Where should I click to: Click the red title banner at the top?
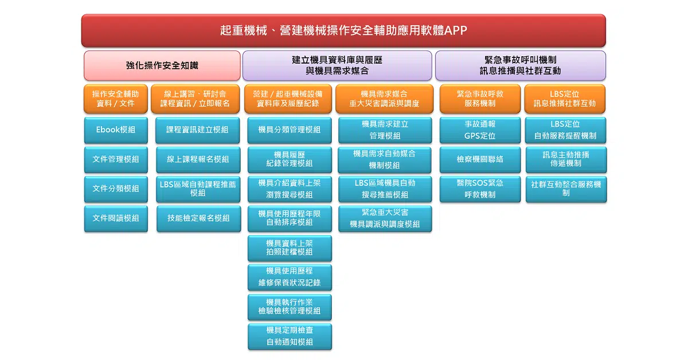343,30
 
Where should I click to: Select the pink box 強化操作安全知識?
162,65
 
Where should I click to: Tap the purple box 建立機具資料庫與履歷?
337,65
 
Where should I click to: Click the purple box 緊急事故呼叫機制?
521,65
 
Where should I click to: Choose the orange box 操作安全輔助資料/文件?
115,99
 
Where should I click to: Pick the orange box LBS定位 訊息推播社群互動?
565,99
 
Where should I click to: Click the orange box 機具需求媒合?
384,99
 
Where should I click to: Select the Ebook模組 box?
116,130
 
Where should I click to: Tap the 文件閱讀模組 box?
116,218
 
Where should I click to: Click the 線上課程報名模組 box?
198,159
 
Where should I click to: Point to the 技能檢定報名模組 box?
198,218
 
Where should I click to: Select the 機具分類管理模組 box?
290,130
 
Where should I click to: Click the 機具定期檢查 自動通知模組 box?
290,336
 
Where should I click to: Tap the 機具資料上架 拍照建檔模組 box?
290,248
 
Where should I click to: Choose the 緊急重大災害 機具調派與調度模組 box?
385,218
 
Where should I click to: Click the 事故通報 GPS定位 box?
480,130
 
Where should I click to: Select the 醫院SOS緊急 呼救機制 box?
480,189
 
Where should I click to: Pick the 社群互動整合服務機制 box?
566,189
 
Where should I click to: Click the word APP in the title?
456,30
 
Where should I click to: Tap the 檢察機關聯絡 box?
480,159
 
